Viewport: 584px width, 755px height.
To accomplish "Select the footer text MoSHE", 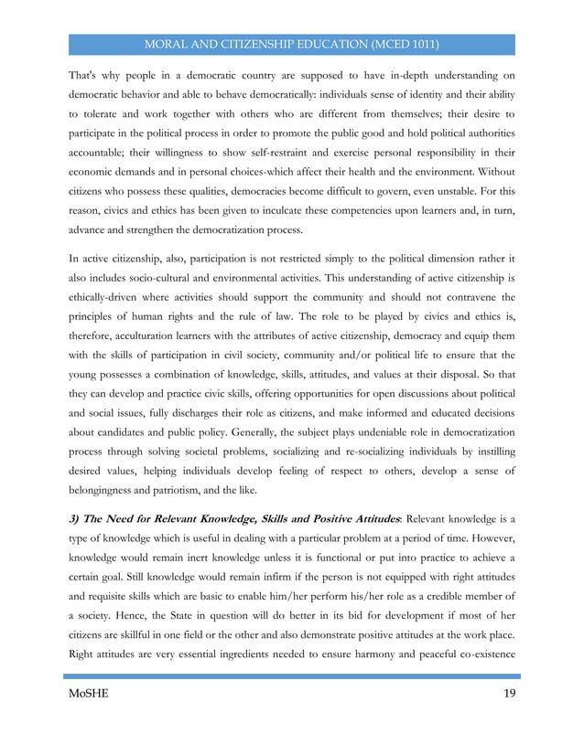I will pyautogui.click(x=88, y=694).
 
